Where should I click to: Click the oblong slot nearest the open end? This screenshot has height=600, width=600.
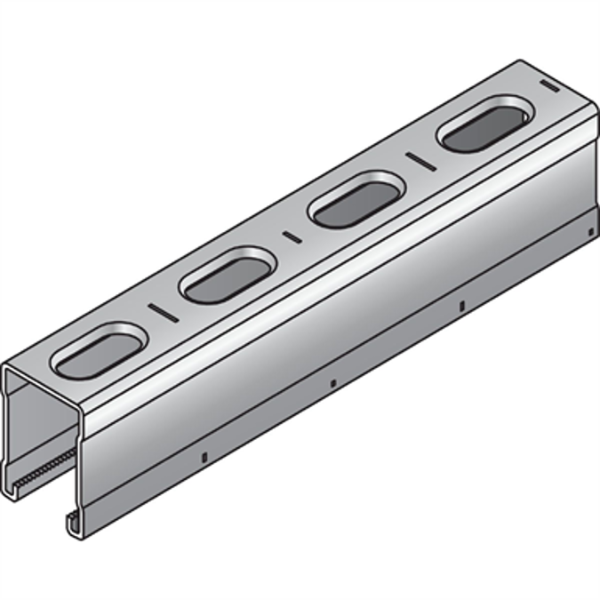coord(99,352)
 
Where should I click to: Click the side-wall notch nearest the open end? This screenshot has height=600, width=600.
coord(204,457)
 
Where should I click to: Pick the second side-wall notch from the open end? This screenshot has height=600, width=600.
coord(332,383)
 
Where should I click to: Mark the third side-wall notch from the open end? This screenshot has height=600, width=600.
coord(461,307)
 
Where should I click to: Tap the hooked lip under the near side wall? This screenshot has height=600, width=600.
coord(71,522)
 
